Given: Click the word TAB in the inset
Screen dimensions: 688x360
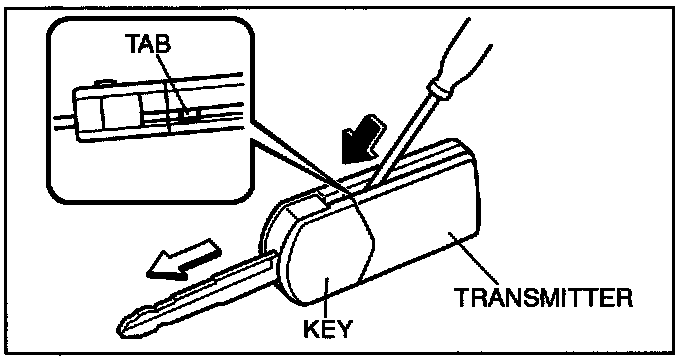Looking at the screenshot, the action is (148, 43).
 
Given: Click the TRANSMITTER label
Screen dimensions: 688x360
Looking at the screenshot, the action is (543, 298).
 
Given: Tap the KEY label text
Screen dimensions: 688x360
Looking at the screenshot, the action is (328, 328).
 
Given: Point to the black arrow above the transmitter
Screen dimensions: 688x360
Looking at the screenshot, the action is (364, 140).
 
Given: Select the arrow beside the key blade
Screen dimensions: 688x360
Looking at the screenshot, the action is (185, 259).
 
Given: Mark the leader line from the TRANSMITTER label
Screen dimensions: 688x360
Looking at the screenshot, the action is (477, 259).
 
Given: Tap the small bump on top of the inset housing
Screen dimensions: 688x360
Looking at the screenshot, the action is (104, 82).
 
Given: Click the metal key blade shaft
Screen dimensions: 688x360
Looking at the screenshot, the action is (197, 291).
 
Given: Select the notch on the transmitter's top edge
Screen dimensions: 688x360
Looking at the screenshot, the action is (325, 194).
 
